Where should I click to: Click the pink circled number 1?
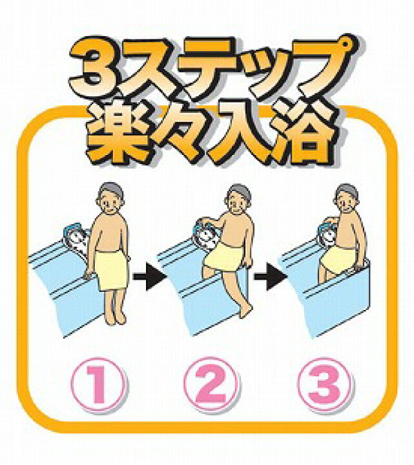(98, 385)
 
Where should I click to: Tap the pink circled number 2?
(211, 384)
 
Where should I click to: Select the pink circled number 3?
(325, 384)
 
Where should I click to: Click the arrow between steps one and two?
(149, 276)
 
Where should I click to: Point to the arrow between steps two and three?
(270, 276)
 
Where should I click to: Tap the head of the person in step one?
(110, 198)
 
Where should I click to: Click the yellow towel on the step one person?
(112, 271)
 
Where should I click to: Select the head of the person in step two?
(239, 199)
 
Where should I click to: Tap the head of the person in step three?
(347, 198)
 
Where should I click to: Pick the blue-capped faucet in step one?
(76, 235)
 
